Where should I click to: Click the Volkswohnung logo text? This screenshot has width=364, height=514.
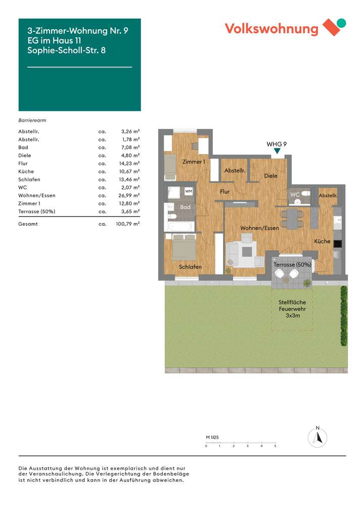271,29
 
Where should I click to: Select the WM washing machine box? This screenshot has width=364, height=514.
188,191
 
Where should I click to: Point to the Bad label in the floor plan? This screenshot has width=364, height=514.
185,208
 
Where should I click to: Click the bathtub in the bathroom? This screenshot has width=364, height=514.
179,226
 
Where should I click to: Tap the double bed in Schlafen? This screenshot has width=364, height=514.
184,247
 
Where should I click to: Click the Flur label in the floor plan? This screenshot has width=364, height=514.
224,192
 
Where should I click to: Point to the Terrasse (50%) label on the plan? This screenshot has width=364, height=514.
292,265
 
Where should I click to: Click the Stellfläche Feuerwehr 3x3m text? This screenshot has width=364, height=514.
292,309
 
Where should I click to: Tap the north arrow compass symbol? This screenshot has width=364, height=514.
317,437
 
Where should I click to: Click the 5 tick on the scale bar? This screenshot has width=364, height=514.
275,446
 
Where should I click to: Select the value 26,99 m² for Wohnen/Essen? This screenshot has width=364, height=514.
127,195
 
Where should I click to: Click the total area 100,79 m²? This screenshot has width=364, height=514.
127,223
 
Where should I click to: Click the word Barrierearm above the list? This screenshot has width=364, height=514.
32,121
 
